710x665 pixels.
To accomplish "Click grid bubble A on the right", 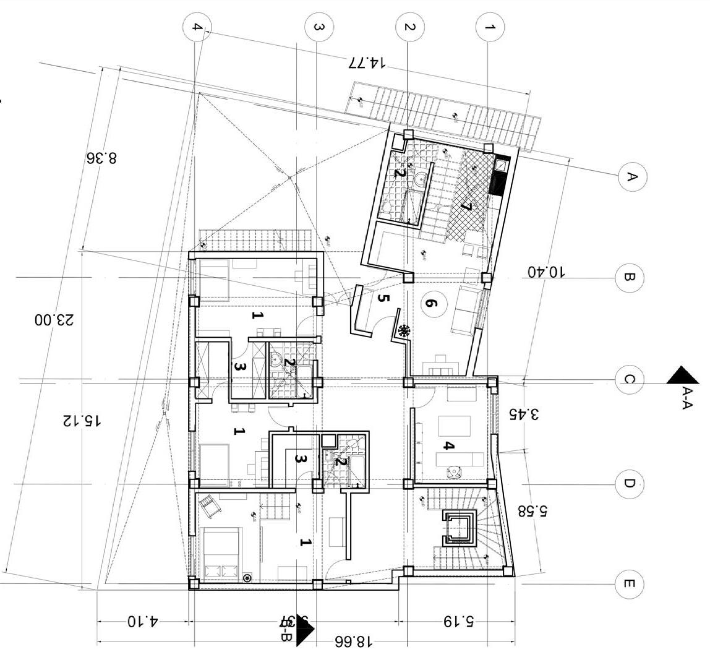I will (x=630, y=177).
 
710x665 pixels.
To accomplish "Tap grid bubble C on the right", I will (x=630, y=379).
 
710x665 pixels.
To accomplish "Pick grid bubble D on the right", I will (x=630, y=483).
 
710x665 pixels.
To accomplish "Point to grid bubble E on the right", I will (x=630, y=584).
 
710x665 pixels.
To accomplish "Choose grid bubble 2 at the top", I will (x=409, y=27).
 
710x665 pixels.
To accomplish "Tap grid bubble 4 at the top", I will (x=197, y=27).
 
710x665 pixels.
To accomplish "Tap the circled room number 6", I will (x=431, y=304).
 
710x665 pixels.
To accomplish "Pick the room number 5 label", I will (x=383, y=299).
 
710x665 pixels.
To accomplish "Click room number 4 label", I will (x=450, y=446).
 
